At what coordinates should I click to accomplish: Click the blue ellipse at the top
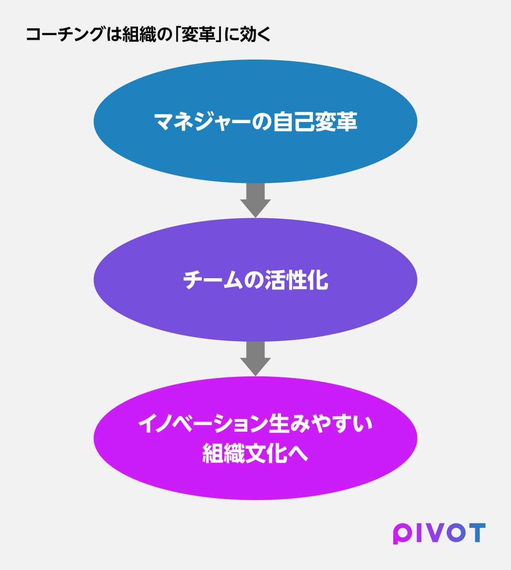[255, 122]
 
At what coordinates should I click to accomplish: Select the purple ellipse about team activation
[255, 280]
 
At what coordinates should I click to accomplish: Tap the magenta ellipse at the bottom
[255, 438]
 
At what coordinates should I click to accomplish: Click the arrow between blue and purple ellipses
[255, 200]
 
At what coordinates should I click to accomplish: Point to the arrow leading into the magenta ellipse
[255, 359]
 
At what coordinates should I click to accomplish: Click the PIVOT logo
[439, 533]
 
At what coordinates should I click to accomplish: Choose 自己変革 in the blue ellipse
[315, 122]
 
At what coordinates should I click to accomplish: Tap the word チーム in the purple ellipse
[213, 280]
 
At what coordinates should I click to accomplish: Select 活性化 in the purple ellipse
[296, 280]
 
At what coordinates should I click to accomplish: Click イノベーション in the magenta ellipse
[203, 424]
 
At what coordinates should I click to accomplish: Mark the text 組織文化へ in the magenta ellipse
[255, 453]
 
